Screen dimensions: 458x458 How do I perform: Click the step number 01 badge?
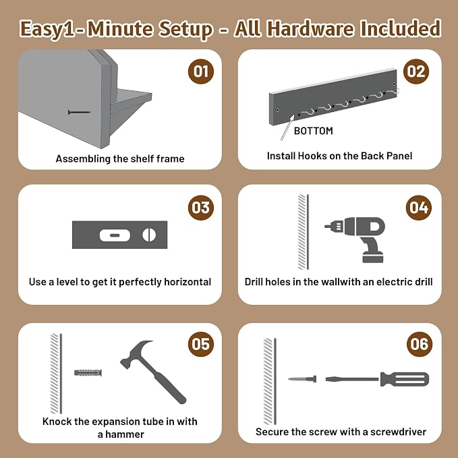(x=201, y=71)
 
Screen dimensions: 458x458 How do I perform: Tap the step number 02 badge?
(x=416, y=71)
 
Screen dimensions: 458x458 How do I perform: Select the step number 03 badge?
(x=201, y=207)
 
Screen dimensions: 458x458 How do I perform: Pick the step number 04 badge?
(x=419, y=207)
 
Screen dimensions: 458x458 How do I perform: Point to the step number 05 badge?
(x=201, y=344)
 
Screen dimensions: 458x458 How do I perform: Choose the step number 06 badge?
(x=420, y=344)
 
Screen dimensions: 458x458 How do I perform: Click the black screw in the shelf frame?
(x=79, y=112)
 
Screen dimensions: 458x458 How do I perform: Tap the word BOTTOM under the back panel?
(x=313, y=131)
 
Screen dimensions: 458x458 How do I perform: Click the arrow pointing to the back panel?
(x=287, y=127)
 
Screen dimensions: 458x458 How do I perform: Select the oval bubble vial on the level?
(x=115, y=235)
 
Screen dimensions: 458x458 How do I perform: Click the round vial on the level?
(x=149, y=235)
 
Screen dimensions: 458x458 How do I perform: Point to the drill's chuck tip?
(x=327, y=226)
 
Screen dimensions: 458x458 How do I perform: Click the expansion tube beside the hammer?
(x=88, y=373)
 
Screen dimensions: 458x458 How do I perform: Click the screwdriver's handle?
(x=405, y=379)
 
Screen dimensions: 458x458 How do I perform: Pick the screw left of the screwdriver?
(x=302, y=379)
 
